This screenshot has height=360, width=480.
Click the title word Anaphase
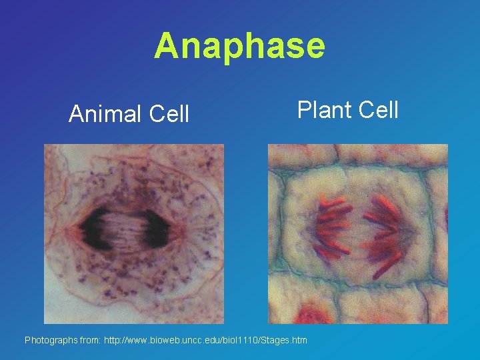(239, 46)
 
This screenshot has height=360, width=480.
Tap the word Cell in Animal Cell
(169, 115)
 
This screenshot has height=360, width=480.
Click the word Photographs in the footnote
(51, 340)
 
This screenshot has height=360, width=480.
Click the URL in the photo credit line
(205, 340)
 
